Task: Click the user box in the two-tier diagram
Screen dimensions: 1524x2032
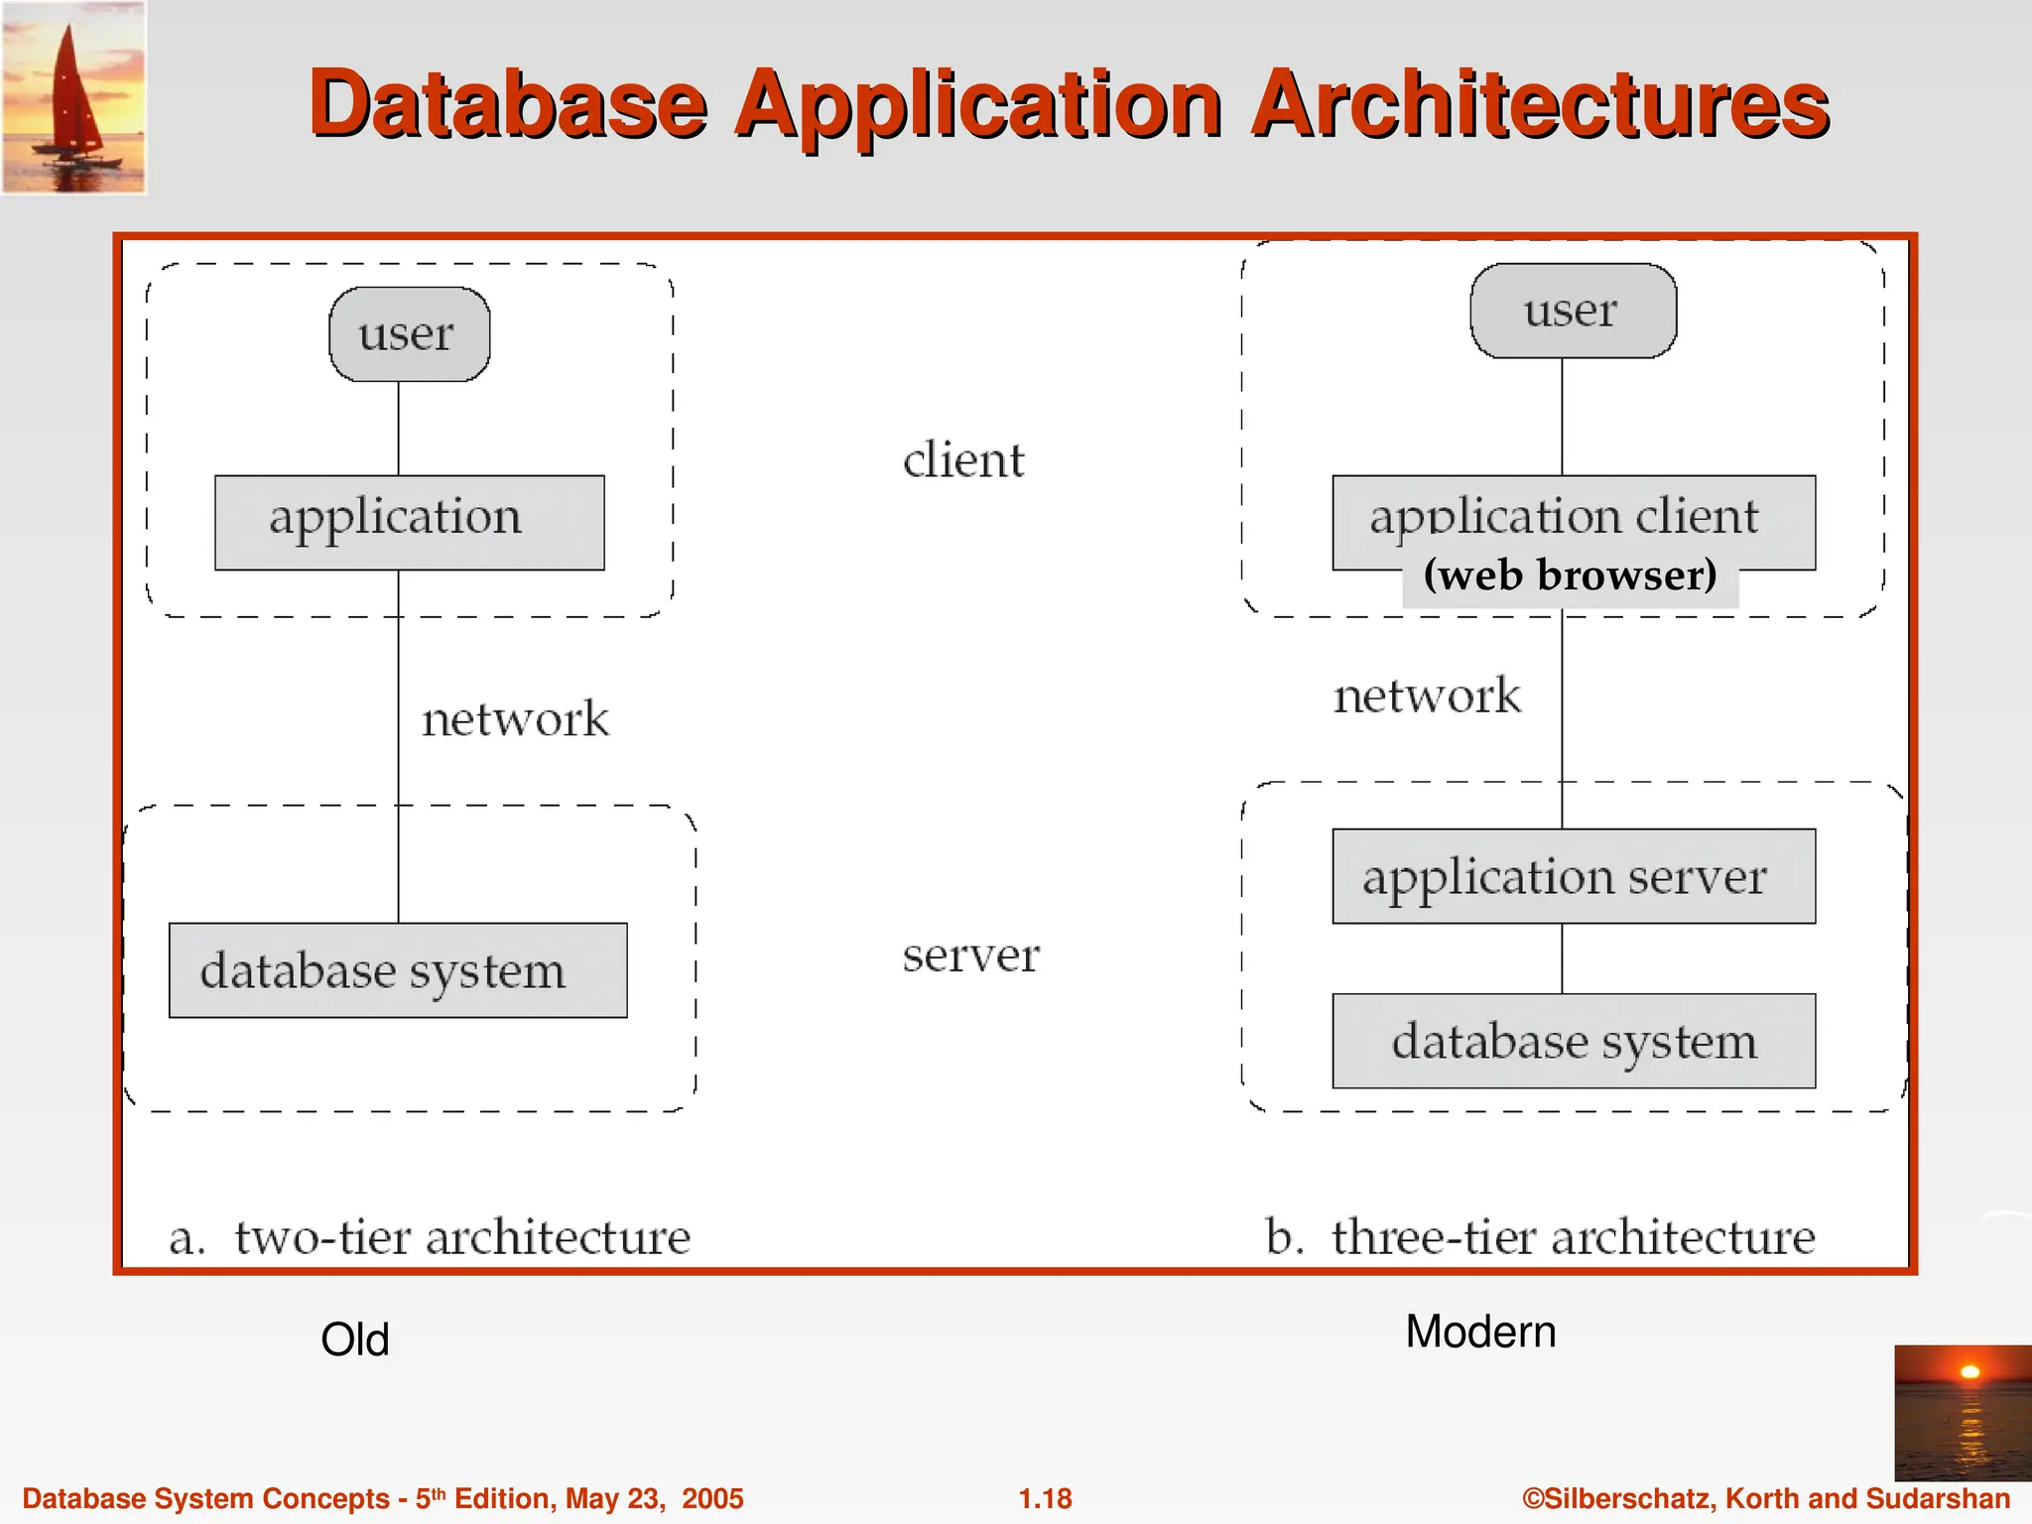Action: [x=409, y=334]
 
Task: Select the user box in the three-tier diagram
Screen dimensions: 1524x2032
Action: [x=1573, y=311]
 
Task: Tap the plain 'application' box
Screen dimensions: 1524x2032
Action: [x=409, y=522]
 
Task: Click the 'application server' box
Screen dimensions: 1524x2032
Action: [x=1573, y=876]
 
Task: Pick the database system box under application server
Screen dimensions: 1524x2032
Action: [x=1573, y=1041]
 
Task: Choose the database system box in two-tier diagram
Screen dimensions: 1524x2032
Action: [x=397, y=970]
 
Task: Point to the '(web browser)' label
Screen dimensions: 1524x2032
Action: [x=1570, y=575]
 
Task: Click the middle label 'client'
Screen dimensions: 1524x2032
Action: [x=962, y=460]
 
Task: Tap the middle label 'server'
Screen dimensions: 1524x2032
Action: [x=969, y=955]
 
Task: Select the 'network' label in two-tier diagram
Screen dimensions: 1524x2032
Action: [x=514, y=719]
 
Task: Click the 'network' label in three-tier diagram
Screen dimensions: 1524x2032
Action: [x=1426, y=696]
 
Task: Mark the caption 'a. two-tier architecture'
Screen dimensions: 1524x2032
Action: [x=430, y=1237]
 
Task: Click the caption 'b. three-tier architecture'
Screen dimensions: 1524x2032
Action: [x=1540, y=1237]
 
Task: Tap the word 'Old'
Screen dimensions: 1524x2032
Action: [x=354, y=1339]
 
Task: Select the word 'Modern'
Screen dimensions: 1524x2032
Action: [x=1480, y=1332]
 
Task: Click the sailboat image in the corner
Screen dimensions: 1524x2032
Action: [x=73, y=97]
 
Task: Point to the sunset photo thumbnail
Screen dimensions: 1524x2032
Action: [x=1962, y=1412]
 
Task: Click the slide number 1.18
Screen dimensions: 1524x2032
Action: [x=1045, y=1498]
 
